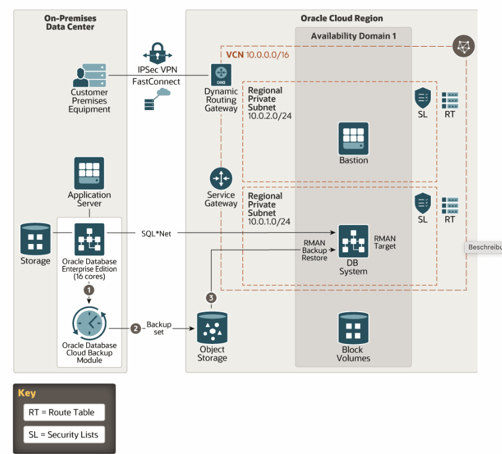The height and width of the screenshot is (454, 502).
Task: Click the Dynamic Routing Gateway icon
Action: tap(221, 74)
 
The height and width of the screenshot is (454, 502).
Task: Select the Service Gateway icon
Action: tap(221, 178)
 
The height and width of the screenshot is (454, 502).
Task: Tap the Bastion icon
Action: tap(353, 138)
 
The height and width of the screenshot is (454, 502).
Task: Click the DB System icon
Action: tap(353, 240)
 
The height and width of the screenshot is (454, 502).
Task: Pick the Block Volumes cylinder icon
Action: tap(353, 327)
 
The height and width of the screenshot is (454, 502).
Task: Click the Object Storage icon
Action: tap(212, 328)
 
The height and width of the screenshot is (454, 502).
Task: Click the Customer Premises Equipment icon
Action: tap(89, 75)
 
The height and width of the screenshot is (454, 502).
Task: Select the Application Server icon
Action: tap(89, 173)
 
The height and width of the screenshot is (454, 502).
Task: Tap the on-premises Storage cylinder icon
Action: tap(36, 239)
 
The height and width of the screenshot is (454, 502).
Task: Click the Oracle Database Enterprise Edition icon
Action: tap(89, 239)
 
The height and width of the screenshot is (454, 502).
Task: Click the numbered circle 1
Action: tap(89, 288)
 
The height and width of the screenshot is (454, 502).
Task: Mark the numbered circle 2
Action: tap(136, 328)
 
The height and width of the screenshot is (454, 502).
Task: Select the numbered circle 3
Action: tap(210, 297)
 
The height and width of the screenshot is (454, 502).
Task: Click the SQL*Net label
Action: tap(156, 233)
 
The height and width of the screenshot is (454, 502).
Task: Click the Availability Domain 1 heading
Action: tap(353, 36)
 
